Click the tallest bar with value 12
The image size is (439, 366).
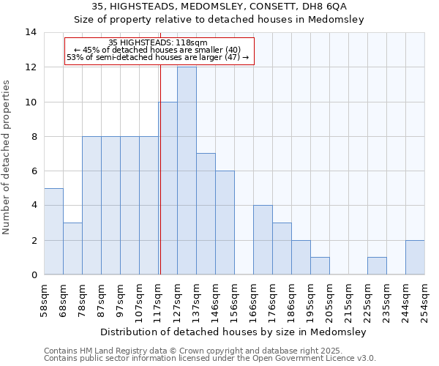coord(187,171)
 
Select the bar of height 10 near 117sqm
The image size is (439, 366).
coord(168,188)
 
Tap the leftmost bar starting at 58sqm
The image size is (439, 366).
coord(53,231)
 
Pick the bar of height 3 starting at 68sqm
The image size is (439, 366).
coord(72,249)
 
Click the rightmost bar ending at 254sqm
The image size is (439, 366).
coord(415,257)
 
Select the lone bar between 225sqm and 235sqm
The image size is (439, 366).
coord(377,266)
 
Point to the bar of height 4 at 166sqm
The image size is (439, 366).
coord(263,240)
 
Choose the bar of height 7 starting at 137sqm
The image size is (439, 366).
coord(206,214)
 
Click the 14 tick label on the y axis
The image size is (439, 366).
coord(31,32)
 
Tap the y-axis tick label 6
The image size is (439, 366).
coord(34,171)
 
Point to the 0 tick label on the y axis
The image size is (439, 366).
coord(34,275)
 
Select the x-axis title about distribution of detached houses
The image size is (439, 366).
coord(234,332)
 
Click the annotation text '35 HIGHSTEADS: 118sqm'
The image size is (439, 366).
coord(158,42)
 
